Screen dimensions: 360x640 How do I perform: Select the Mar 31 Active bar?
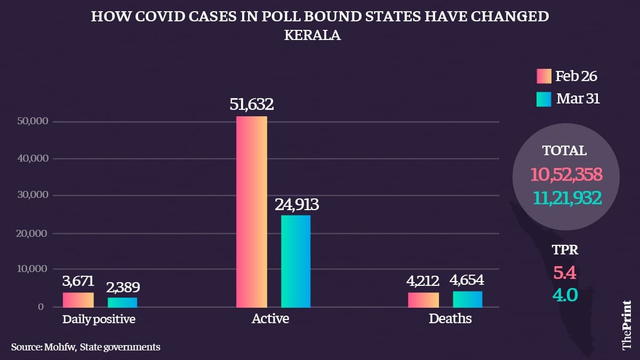295,261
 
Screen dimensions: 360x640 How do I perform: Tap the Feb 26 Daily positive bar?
78,300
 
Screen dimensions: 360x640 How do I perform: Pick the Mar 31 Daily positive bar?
122,302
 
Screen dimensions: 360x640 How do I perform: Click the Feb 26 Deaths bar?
423,300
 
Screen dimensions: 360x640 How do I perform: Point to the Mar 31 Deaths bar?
467,299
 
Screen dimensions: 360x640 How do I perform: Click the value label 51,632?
252,105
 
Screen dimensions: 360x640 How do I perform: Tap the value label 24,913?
297,204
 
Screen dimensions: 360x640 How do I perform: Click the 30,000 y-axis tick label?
34,196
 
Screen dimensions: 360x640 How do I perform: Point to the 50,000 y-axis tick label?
34,122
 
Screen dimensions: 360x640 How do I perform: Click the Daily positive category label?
99,319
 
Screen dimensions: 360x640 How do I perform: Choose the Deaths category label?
450,319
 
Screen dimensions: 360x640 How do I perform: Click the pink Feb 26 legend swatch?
543,76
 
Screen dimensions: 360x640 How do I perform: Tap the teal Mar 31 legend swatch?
543,99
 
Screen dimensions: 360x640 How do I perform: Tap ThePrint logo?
626,326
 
